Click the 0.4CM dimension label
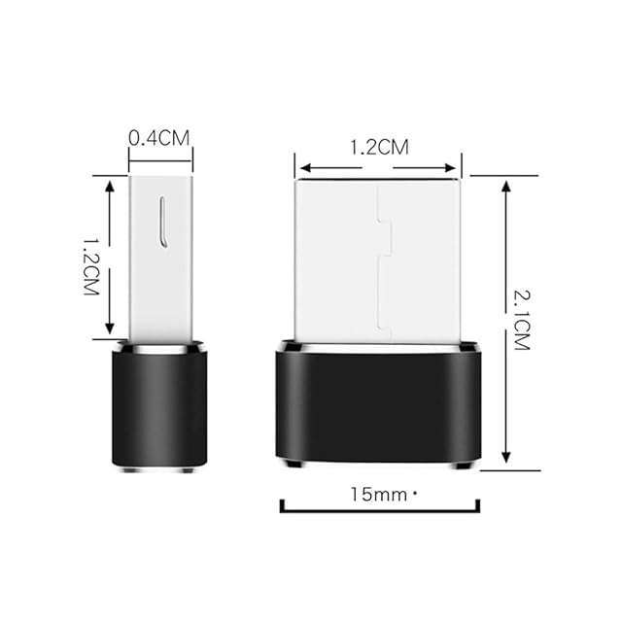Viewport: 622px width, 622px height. coord(159,138)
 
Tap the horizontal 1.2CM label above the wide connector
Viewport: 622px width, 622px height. coord(379,147)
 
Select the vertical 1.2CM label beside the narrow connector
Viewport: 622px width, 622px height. coord(90,266)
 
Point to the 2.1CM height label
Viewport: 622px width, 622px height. coord(522,320)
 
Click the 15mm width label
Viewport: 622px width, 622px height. coord(379,495)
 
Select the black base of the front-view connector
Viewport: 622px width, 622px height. coord(379,404)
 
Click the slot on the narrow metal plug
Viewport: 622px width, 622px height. coord(162,223)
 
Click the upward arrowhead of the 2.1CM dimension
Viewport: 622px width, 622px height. coord(505,186)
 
